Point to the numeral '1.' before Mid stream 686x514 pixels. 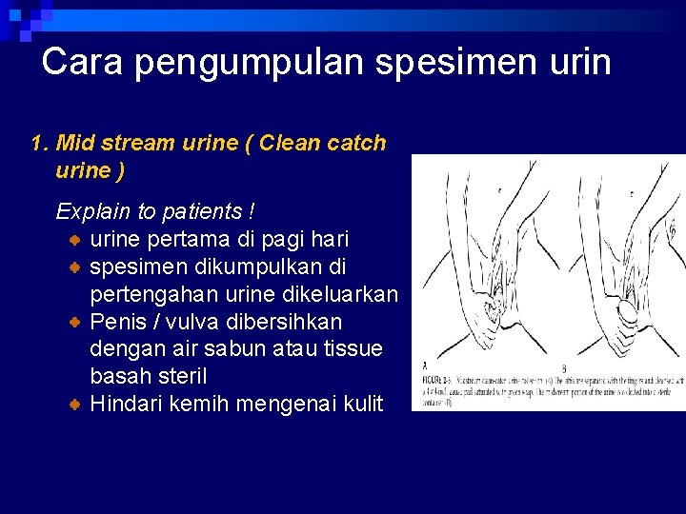(40, 144)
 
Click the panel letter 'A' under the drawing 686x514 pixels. (425, 364)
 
